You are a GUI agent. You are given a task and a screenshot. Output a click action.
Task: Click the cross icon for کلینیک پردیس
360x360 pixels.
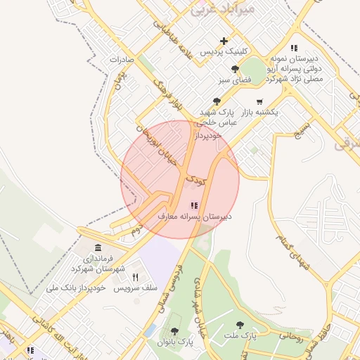(x=224, y=41)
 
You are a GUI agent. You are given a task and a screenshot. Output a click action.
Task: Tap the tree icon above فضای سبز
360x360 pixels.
(x=234, y=69)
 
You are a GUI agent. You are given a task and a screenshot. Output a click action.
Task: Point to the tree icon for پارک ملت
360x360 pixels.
(x=240, y=325)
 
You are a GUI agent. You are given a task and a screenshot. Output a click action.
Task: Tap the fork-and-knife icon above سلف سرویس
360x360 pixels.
(x=135, y=277)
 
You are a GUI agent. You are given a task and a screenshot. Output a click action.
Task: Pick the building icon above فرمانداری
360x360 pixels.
(x=97, y=249)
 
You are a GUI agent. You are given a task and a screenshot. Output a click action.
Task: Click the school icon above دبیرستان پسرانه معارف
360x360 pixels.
(x=194, y=206)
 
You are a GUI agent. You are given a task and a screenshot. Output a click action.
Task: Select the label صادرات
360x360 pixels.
(x=122, y=60)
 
